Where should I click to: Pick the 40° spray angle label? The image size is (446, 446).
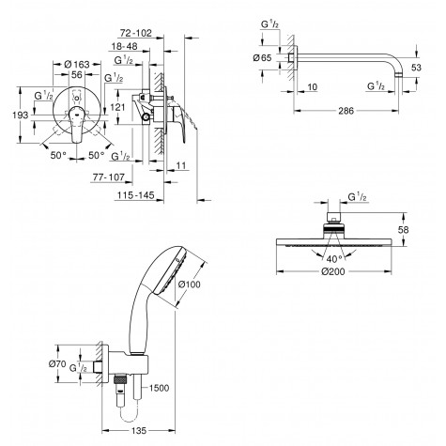[x=334, y=255]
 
